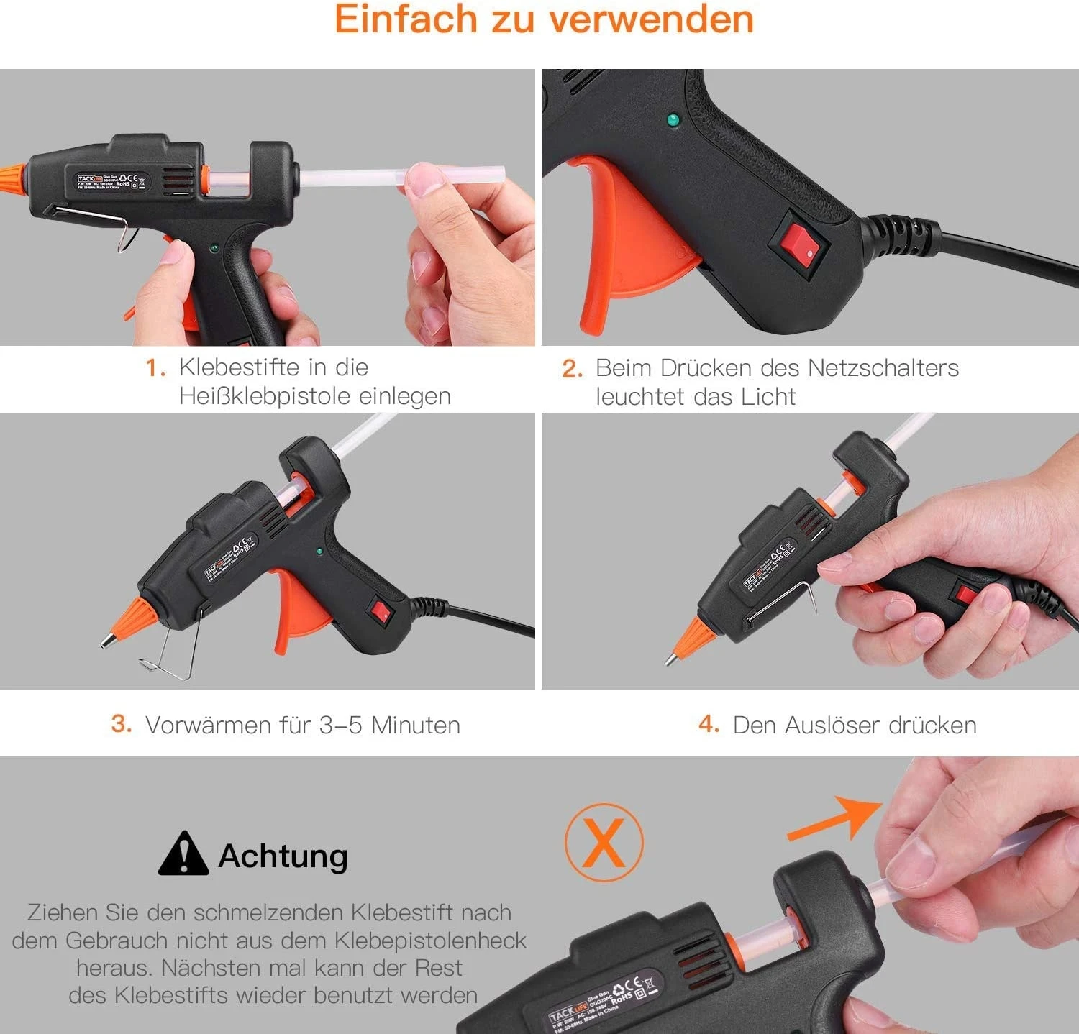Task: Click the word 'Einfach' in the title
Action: [x=406, y=19]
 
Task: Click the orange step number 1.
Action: [x=155, y=368]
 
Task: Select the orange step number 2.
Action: [x=572, y=369]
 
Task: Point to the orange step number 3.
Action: [x=122, y=723]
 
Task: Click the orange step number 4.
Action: [x=709, y=723]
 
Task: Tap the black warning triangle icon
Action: [x=183, y=854]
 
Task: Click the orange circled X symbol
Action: [x=604, y=843]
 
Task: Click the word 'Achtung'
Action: [x=283, y=856]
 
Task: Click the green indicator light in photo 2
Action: [x=674, y=119]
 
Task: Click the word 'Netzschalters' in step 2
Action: [x=883, y=368]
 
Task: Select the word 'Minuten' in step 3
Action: [x=415, y=725]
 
